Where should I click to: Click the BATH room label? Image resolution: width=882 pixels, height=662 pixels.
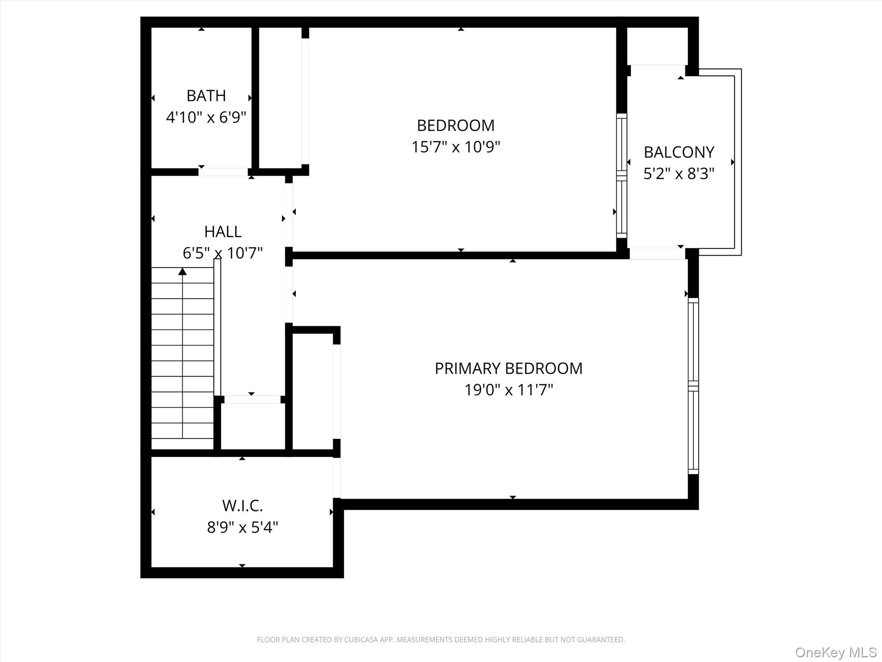(206, 96)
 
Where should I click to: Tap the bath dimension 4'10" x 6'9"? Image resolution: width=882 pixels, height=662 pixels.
(206, 117)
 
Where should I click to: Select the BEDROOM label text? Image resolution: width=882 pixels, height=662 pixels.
(456, 125)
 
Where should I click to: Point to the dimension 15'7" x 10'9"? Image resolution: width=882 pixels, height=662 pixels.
(456, 147)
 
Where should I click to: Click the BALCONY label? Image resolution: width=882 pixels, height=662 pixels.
(679, 152)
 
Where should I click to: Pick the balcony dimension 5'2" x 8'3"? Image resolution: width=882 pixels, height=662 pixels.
(679, 174)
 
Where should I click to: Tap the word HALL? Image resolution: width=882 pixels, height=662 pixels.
(223, 231)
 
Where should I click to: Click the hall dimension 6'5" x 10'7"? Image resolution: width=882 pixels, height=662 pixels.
(223, 253)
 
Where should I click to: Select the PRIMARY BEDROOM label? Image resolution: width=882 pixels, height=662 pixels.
(508, 368)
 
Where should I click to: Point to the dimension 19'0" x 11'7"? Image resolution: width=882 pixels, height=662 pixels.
(508, 390)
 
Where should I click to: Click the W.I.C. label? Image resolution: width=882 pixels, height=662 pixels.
(242, 506)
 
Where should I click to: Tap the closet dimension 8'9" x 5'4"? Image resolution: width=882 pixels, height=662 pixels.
(242, 527)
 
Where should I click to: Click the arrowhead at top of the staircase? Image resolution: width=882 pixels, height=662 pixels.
(183, 272)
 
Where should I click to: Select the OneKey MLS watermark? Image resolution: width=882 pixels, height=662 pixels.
(835, 652)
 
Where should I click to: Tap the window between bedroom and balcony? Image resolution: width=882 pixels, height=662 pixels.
(621, 175)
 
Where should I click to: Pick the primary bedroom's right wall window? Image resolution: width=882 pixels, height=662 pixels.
(693, 386)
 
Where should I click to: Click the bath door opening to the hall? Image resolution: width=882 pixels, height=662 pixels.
(223, 172)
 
